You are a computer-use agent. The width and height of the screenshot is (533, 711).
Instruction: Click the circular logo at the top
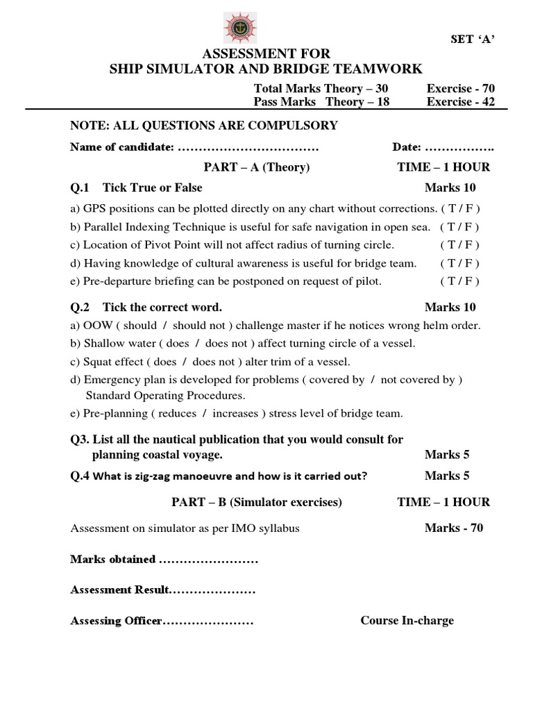click(241, 27)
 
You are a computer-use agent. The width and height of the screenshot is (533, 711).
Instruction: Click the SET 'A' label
click(472, 39)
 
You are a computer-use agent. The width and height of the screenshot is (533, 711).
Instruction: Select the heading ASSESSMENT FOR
click(266, 53)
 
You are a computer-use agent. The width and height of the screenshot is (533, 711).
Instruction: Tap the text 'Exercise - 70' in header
click(461, 88)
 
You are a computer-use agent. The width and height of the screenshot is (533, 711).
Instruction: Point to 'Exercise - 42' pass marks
click(461, 101)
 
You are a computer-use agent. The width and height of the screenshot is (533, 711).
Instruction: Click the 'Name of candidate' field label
click(121, 147)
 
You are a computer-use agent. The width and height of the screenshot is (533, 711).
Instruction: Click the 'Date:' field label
click(407, 147)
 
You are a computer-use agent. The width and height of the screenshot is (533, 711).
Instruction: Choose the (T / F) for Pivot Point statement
click(459, 244)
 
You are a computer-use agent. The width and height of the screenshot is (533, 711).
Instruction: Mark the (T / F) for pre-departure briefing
click(459, 281)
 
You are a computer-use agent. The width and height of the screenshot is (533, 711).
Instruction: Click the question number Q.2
click(81, 307)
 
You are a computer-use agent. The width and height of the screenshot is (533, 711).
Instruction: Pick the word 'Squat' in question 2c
click(98, 362)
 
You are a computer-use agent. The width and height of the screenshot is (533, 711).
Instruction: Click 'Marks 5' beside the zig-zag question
click(447, 476)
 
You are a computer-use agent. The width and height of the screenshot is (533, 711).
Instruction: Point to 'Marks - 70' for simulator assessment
click(454, 528)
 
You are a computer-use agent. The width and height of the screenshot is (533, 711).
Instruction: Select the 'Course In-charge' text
click(407, 620)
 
